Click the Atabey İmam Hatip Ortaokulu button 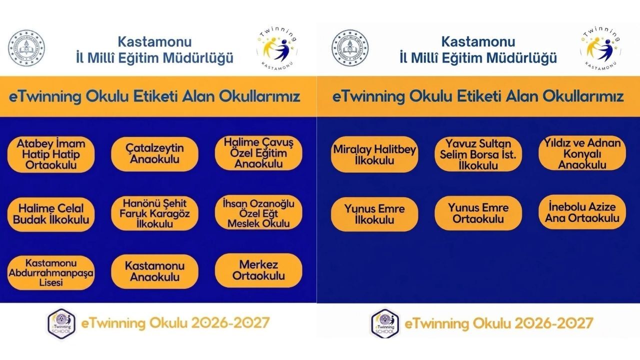[51, 154]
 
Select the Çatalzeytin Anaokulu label [154, 154]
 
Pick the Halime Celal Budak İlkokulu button [51, 214]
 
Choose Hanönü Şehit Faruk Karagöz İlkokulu [154, 213]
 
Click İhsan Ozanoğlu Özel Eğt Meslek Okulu [258, 213]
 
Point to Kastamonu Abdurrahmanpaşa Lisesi [51, 273]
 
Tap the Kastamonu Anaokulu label [154, 271]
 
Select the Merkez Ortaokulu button [258, 270]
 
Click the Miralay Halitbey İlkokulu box [374, 154]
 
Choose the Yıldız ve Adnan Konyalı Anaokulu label [582, 153]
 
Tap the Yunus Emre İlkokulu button [374, 214]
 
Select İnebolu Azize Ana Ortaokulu [582, 212]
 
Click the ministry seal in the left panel [26, 50]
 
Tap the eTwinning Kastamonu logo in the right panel [600, 49]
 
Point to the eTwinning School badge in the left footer [61, 322]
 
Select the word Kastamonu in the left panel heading [154, 41]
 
